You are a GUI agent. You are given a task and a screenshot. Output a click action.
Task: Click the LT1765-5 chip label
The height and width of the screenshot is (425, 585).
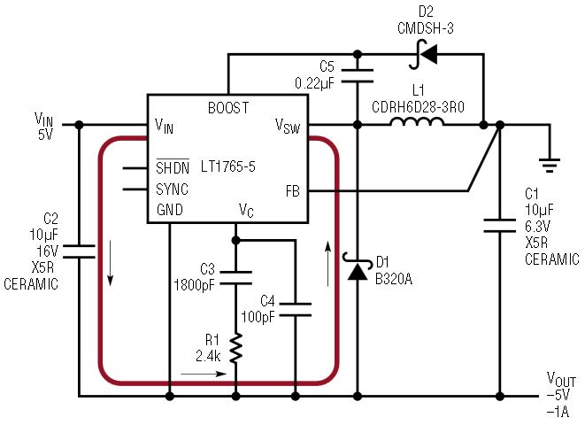(228, 166)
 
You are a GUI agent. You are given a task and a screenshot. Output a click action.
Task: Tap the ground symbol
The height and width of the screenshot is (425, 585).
(550, 166)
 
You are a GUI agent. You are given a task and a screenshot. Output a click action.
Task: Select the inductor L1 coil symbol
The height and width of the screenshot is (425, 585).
(417, 122)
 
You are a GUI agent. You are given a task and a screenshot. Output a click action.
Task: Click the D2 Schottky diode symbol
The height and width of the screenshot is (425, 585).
(424, 55)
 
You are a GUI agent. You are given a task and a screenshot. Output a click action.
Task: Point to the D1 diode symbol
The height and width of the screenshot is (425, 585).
(357, 267)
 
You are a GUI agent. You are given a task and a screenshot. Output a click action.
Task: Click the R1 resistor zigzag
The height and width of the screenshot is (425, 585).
(235, 349)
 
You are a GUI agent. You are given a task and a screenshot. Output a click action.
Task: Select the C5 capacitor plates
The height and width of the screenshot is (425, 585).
(358, 75)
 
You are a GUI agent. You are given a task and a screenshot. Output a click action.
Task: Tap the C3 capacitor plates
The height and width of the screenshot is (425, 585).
(235, 278)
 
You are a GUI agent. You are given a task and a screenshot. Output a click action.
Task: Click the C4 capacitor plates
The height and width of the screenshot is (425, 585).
(295, 310)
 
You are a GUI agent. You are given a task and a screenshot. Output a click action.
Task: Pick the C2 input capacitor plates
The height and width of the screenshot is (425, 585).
(79, 251)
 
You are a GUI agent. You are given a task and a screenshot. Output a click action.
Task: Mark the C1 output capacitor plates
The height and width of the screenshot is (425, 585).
(500, 226)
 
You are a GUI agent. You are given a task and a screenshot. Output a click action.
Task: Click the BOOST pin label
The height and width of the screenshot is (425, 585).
(228, 108)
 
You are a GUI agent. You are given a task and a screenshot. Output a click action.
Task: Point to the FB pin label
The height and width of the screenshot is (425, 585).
(293, 191)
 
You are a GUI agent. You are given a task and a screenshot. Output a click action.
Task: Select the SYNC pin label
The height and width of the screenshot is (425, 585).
(172, 189)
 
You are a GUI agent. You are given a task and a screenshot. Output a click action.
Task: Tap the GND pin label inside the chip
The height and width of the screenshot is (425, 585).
(170, 210)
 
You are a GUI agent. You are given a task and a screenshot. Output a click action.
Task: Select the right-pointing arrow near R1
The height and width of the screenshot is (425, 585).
(204, 374)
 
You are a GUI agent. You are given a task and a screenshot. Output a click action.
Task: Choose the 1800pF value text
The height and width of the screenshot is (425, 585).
(195, 285)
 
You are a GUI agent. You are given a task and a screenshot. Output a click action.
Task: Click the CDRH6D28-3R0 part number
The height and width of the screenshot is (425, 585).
(419, 107)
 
